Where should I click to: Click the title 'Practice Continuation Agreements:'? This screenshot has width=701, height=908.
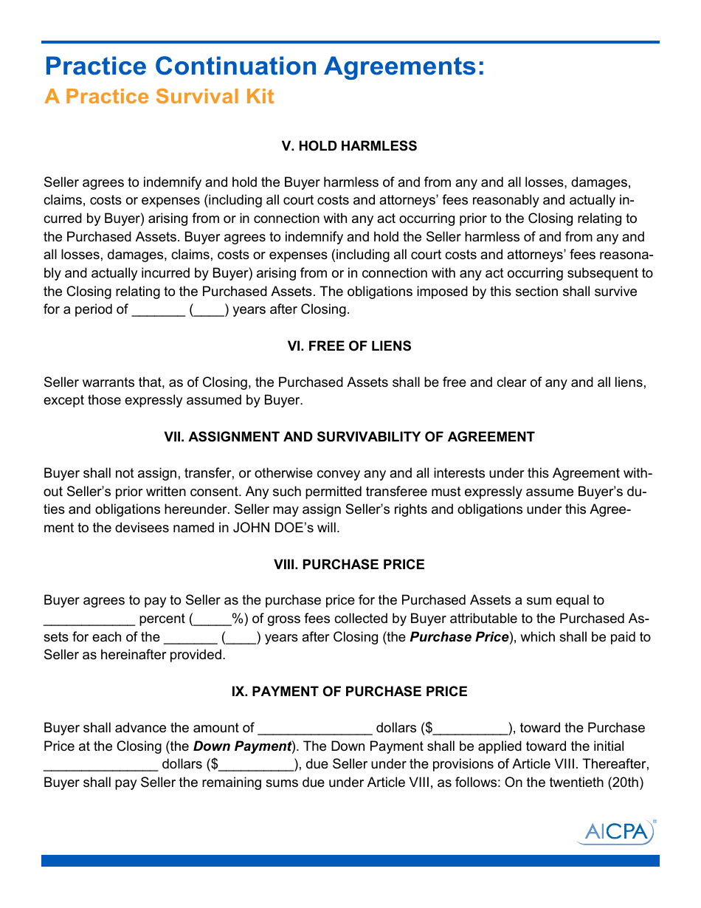click(x=265, y=66)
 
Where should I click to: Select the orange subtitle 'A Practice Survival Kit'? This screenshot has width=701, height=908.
click(x=159, y=97)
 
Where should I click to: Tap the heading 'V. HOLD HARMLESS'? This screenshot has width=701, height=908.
click(x=349, y=146)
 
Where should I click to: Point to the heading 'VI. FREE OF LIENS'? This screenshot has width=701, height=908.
click(x=349, y=346)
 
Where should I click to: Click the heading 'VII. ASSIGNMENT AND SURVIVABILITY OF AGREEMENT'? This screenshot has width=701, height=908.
click(x=349, y=437)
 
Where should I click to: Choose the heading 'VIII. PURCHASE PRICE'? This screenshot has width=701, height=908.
click(x=349, y=565)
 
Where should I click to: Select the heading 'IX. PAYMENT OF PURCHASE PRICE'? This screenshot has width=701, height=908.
click(x=349, y=692)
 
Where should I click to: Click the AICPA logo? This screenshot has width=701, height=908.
click(x=615, y=831)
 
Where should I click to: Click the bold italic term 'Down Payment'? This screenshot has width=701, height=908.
click(x=242, y=746)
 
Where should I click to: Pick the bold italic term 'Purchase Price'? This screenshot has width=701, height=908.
click(x=459, y=637)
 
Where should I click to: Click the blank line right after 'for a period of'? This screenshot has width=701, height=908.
click(x=158, y=310)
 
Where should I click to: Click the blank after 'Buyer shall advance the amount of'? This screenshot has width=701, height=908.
click(x=315, y=729)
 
